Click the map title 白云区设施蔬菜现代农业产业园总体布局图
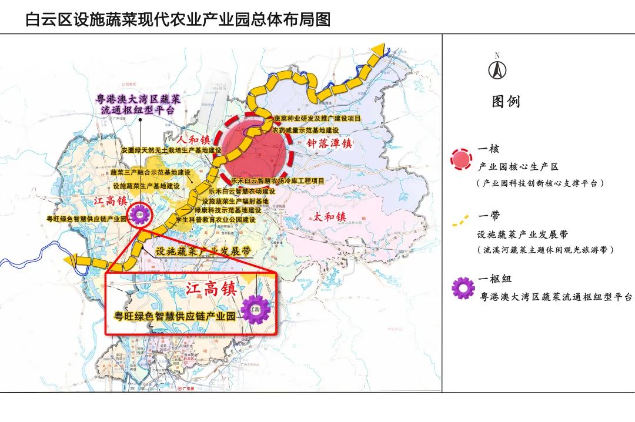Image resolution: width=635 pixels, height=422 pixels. click(x=178, y=19)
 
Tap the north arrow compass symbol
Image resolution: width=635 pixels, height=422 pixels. click(x=497, y=69)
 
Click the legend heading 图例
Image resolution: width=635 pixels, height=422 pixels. click(x=506, y=102)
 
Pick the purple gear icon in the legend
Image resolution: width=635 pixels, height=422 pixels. click(x=463, y=288)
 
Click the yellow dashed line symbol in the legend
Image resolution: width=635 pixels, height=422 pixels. click(x=462, y=222)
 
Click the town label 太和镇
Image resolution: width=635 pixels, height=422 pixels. click(x=329, y=217)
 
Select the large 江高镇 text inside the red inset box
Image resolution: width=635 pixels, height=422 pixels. click(x=210, y=289)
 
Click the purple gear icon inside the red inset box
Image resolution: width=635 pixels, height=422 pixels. click(x=255, y=309)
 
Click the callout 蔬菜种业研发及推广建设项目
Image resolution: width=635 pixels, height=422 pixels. click(x=317, y=119)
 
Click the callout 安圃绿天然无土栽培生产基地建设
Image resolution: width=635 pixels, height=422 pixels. click(x=171, y=150)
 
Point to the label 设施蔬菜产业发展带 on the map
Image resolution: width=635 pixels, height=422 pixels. click(x=203, y=251)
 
